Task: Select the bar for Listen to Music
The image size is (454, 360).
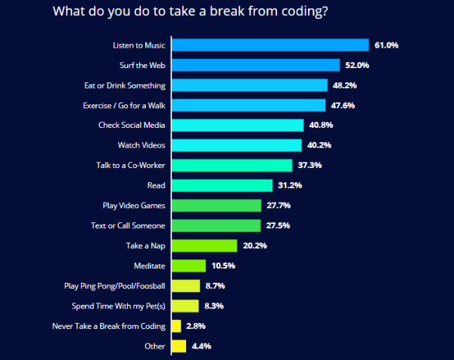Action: coord(270,45)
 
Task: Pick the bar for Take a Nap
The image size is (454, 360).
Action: coord(204,245)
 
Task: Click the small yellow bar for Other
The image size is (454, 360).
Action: coord(179,346)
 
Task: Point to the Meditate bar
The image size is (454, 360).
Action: coord(189,265)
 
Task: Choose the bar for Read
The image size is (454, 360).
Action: coord(222,185)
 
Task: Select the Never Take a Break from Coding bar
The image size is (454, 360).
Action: coord(176,326)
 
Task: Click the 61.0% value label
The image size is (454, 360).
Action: coord(386,45)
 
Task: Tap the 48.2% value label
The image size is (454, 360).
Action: coord(344,85)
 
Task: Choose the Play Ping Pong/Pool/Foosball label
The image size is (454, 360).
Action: coord(115,286)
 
